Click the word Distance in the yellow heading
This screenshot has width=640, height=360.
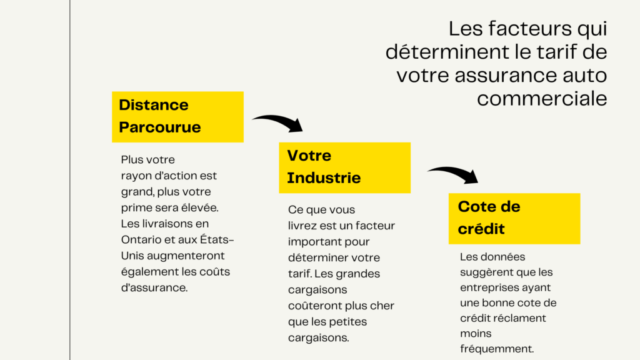[154, 105]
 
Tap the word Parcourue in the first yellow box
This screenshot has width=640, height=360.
[159, 127]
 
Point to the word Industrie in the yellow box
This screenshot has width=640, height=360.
[324, 178]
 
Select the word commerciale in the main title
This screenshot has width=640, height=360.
[542, 98]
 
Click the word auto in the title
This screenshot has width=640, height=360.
[585, 76]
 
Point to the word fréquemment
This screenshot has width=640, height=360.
[497, 349]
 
